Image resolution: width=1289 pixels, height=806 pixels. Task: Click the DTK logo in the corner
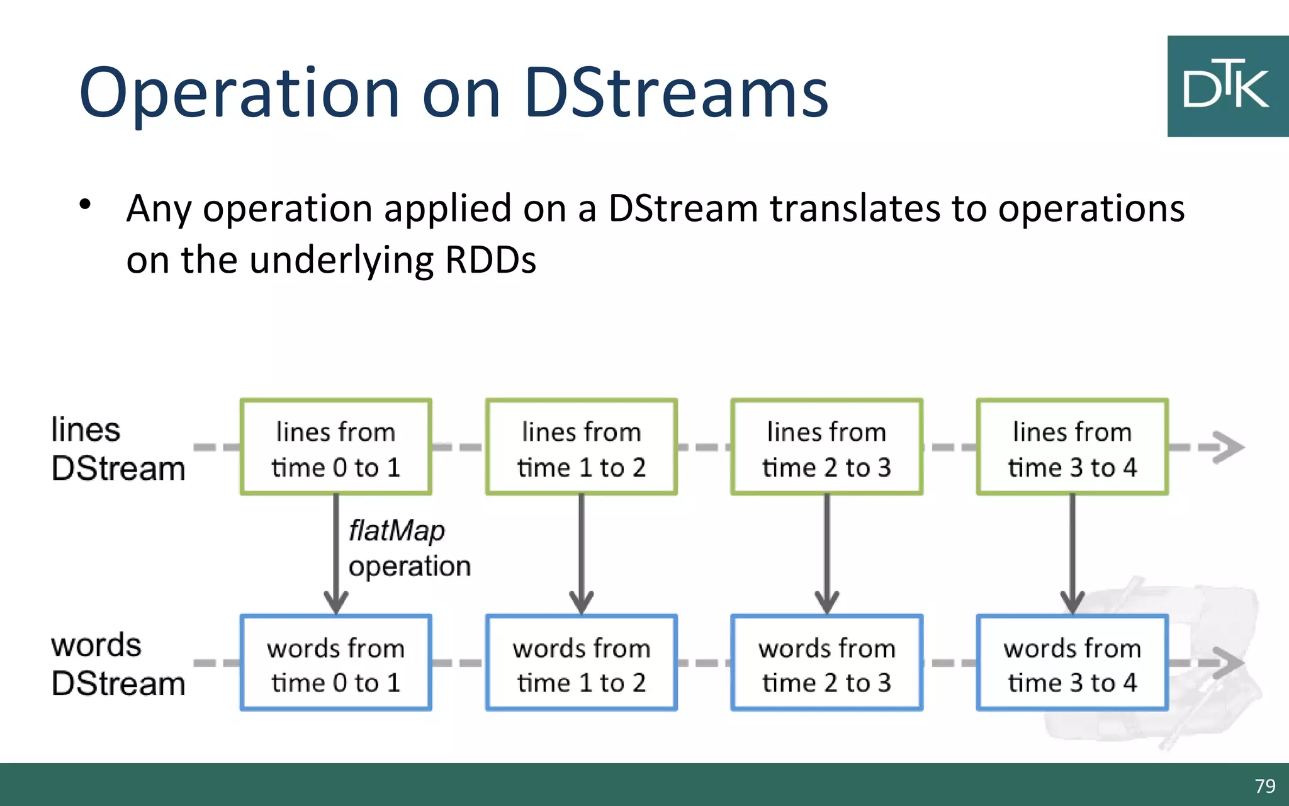pos(1227,86)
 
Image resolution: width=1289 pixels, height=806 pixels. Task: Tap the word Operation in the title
pos(240,93)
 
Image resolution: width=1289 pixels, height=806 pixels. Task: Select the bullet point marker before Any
pos(86,204)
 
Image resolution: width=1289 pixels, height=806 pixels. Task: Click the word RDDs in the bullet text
pos(490,259)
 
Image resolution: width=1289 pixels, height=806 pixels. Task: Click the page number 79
pos(1264,786)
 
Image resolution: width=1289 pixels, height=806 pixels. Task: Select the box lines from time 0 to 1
pos(335,447)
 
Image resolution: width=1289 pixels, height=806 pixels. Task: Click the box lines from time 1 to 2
pos(581,447)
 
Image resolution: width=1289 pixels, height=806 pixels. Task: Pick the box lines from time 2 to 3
pos(826,447)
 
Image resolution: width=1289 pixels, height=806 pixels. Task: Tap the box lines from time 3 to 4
pos(1072,447)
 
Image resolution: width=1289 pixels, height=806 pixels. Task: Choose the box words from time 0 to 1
pos(335,663)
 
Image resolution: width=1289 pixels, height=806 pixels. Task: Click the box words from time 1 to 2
pos(581,663)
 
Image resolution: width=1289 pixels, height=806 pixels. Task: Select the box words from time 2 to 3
pos(826,663)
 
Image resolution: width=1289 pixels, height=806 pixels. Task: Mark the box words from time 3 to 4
pos(1072,663)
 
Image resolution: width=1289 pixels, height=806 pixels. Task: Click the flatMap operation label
pos(409,548)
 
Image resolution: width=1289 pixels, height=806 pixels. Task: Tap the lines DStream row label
pos(118,449)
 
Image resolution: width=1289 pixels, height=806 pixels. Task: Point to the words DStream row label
pos(118,664)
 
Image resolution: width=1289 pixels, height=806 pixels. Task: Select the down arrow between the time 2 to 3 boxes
pos(826,554)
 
